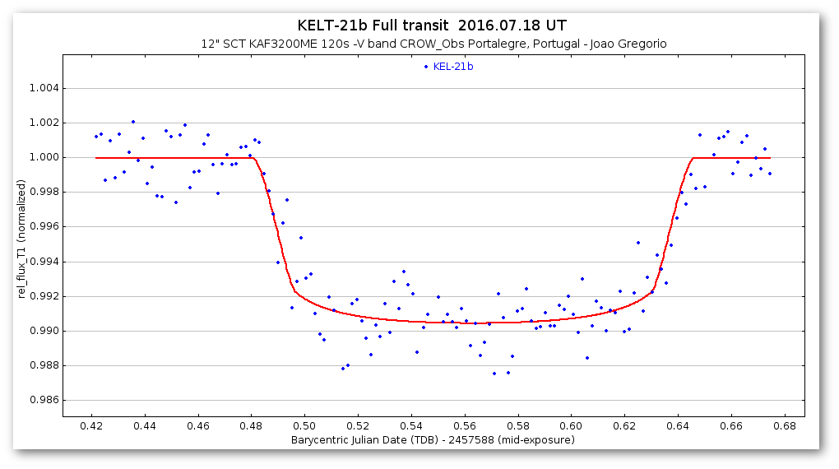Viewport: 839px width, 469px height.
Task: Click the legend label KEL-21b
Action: coord(453,67)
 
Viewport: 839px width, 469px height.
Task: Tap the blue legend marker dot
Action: coord(426,67)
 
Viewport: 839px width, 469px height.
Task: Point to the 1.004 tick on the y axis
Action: coord(38,88)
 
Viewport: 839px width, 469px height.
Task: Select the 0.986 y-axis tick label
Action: coord(38,401)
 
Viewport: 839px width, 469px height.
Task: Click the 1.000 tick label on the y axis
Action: coord(38,158)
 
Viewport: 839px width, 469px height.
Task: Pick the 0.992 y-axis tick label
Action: coord(38,296)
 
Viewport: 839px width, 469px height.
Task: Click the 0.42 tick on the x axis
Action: coord(91,426)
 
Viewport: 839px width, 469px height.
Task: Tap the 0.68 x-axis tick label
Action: coord(785,426)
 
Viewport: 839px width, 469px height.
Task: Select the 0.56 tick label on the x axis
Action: coord(465,426)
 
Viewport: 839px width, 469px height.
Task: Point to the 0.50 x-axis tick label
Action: coord(304,426)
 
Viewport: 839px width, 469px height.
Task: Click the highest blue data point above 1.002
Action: coord(133,122)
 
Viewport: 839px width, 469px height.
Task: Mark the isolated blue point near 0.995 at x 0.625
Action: coord(638,243)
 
